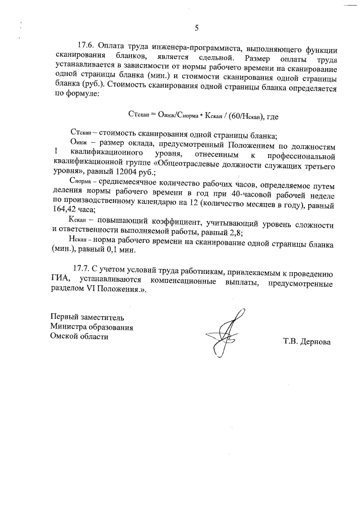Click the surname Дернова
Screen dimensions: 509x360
pos(313,342)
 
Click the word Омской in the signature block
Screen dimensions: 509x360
pos(63,337)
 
